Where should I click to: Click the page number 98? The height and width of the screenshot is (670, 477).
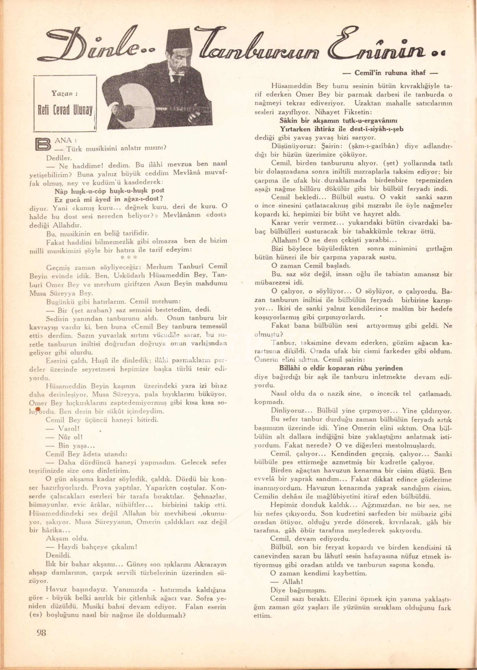(x=41, y=632)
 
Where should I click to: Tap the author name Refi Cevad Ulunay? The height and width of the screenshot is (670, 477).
(x=65, y=110)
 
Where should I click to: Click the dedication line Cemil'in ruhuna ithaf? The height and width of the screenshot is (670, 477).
(x=389, y=72)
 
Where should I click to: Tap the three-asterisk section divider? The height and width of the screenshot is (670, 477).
(x=129, y=258)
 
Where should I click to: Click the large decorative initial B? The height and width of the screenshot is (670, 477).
(x=43, y=145)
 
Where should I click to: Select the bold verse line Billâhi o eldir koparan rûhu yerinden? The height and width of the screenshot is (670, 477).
(x=341, y=368)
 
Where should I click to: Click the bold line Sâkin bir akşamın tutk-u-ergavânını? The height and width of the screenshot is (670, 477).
(x=338, y=121)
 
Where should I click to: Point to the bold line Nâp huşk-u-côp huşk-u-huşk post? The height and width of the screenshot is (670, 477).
(x=109, y=190)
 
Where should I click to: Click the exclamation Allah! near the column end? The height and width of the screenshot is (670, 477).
(x=293, y=582)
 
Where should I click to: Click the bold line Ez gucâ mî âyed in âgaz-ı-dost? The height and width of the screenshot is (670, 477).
(x=109, y=199)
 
